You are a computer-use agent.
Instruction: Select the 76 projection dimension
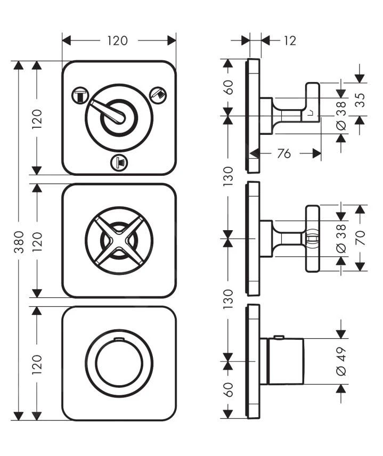click(x=284, y=153)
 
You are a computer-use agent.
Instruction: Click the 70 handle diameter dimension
click(x=361, y=238)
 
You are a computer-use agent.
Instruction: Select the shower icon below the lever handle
click(x=118, y=161)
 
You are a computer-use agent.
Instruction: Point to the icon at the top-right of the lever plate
click(x=158, y=94)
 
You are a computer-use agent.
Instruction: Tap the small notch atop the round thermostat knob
click(x=119, y=339)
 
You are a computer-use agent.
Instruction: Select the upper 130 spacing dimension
click(x=228, y=176)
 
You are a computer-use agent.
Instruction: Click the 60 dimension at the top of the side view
click(x=228, y=86)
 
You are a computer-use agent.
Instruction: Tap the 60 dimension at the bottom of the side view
click(x=228, y=389)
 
